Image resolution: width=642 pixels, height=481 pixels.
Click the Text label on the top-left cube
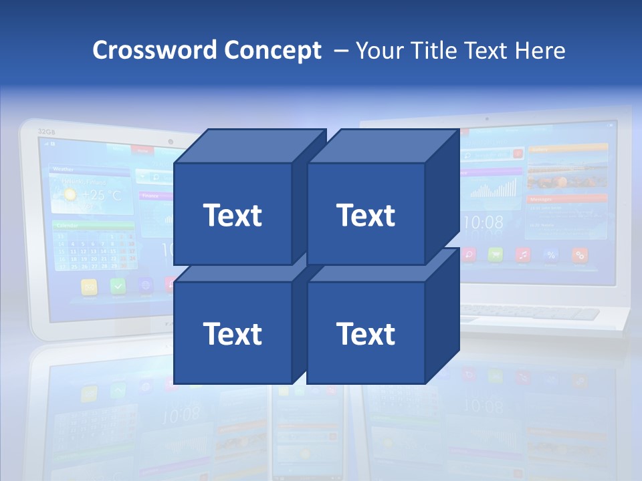[232, 215]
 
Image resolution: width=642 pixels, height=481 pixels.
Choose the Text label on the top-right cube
[366, 215]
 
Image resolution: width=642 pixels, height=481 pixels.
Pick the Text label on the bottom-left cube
[232, 333]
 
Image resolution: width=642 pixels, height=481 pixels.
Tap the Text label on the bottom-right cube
[366, 333]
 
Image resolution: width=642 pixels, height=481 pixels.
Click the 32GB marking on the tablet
[46, 131]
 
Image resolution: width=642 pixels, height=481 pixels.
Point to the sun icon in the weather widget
[69, 195]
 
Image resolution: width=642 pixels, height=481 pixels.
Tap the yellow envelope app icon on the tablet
[90, 287]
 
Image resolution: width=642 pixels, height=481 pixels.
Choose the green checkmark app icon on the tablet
[118, 286]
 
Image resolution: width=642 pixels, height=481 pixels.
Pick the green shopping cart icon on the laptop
[496, 255]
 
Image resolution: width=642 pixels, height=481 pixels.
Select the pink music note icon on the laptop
[524, 255]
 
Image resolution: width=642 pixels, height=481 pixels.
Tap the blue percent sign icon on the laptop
[552, 255]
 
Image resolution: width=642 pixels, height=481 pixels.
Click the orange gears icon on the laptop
[580, 255]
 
